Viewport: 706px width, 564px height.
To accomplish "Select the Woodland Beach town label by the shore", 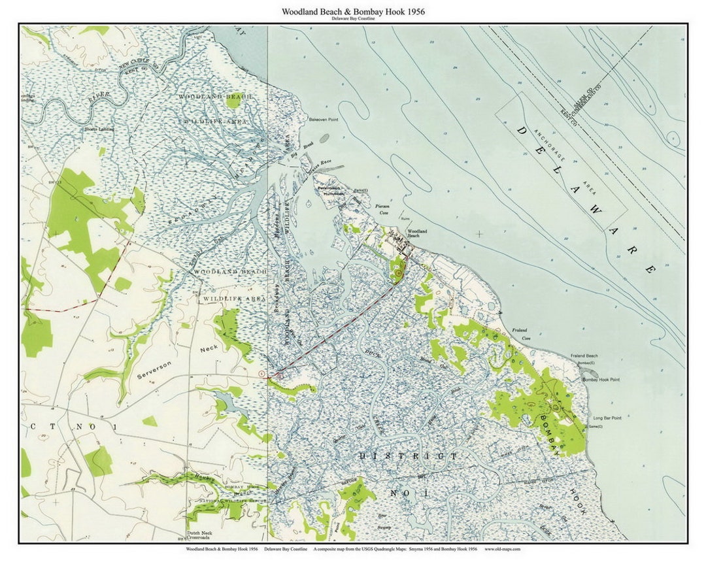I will tap(417, 233).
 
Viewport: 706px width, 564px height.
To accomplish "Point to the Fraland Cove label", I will tap(520, 333).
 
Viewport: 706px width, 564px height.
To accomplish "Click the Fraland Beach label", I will tap(584, 356).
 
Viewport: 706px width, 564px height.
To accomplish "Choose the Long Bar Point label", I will tap(607, 418).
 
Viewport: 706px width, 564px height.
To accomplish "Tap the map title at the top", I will tap(353, 12).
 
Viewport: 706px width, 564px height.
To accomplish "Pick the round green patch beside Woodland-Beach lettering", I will tap(233, 102).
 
